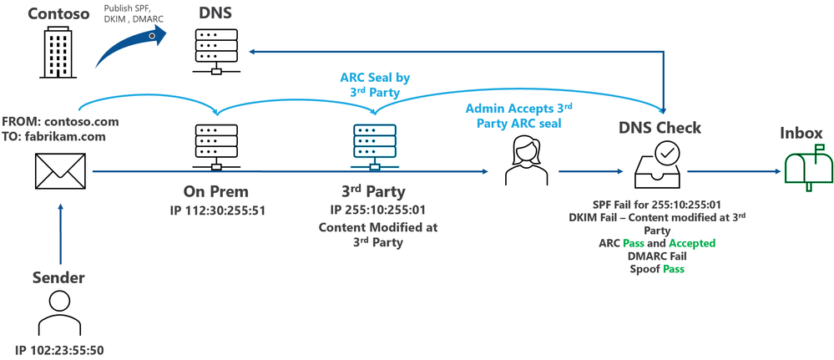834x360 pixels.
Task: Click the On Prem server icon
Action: pos(216,147)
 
